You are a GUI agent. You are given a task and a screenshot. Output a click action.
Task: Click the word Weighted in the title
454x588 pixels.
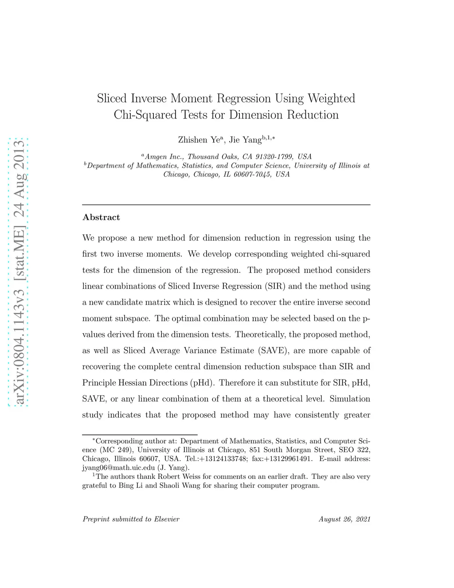click(331, 99)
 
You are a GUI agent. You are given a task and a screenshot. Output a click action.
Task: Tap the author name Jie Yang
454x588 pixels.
click(245, 140)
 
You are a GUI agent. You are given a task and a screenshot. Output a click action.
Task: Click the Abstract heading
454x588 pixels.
click(101, 217)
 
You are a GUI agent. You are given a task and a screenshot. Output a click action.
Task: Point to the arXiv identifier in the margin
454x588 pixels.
click(19, 272)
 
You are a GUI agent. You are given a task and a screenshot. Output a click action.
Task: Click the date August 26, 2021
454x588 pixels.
click(344, 519)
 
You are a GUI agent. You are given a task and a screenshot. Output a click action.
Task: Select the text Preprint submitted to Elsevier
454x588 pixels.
click(131, 519)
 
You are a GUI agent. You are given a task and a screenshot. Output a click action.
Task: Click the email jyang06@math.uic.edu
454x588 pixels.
click(118, 467)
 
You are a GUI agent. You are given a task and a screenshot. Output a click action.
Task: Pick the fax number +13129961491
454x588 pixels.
click(288, 458)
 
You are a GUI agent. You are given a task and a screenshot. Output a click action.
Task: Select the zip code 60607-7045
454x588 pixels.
click(252, 174)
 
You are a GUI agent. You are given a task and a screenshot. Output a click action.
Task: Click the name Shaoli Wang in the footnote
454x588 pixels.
click(180, 485)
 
